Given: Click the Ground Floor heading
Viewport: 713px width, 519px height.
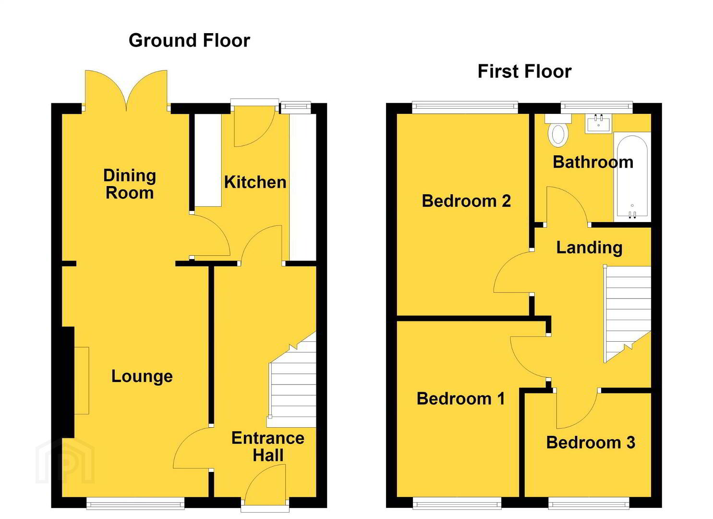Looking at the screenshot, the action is tap(189, 41).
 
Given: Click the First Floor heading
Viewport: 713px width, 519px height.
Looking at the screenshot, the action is tap(525, 72).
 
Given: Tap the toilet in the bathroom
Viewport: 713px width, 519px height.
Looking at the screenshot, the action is tap(558, 131).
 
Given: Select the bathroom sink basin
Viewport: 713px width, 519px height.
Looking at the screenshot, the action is tap(598, 124).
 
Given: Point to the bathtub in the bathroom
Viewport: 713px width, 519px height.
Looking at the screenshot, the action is tap(632, 177).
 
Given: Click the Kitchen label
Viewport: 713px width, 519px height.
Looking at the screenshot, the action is tap(255, 182).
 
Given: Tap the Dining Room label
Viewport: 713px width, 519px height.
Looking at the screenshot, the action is tap(130, 184).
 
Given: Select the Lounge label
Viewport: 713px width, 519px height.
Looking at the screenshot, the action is tap(142, 376).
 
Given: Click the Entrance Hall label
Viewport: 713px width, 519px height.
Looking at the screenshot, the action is tap(268, 446).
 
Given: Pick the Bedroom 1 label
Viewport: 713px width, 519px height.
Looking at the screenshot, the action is tap(460, 398).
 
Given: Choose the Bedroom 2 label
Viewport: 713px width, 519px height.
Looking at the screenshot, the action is tap(466, 201).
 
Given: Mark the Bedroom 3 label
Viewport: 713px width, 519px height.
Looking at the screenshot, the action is tap(591, 443).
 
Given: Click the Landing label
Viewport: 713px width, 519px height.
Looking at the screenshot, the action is tap(590, 247).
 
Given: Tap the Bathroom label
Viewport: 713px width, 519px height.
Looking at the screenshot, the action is tap(593, 162).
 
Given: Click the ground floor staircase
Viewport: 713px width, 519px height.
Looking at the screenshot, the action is tap(292, 379).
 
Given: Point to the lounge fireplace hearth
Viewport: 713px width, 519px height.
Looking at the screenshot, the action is tap(82, 381).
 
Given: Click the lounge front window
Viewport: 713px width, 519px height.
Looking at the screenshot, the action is tap(135, 504).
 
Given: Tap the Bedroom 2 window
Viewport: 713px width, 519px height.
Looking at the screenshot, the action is tap(465, 107).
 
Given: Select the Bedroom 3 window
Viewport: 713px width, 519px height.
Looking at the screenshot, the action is tap(589, 504).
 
